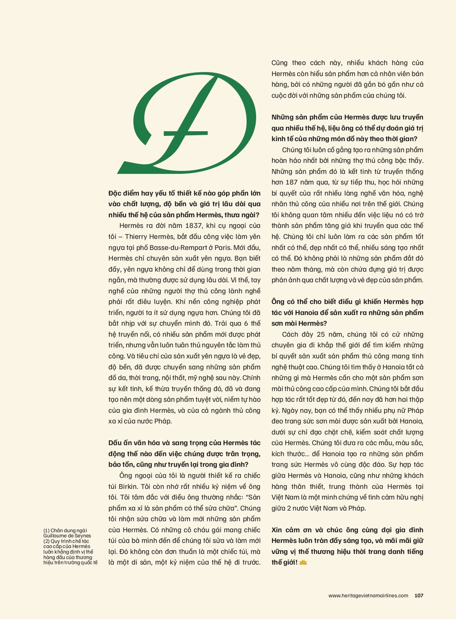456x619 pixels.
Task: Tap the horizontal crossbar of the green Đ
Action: (186, 132)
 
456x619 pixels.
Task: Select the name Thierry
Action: (138, 237)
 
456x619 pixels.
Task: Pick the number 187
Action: (291, 182)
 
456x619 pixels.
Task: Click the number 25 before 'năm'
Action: (321, 334)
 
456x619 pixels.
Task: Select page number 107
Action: (419, 595)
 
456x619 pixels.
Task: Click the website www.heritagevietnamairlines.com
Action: (368, 595)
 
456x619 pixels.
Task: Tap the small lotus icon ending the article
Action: (303, 562)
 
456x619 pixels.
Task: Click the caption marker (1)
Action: (46, 530)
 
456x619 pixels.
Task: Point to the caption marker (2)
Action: (46, 541)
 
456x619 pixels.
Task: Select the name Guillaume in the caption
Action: (55, 536)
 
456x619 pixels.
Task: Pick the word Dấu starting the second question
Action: (116, 443)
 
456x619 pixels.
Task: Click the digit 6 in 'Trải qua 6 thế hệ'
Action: (246, 323)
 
